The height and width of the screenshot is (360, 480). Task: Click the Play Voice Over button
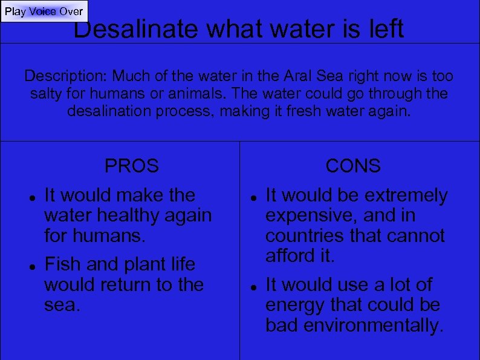point(44,11)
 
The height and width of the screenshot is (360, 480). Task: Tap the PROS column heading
point(132,165)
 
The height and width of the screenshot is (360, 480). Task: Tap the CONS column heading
point(353,165)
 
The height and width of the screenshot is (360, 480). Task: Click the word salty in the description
point(47,94)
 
